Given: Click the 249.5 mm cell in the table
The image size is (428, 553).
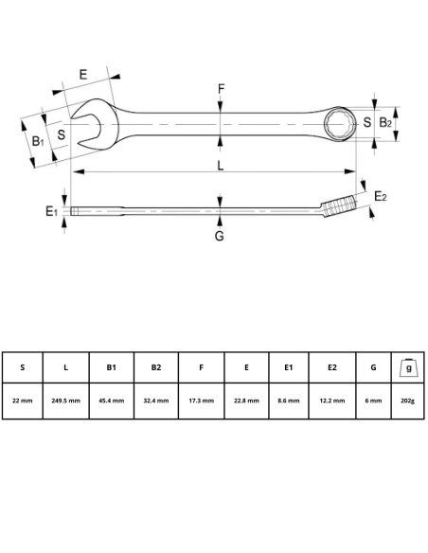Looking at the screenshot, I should pyautogui.click(x=65, y=401).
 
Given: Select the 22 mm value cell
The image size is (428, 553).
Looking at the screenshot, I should pyautogui.click(x=22, y=401).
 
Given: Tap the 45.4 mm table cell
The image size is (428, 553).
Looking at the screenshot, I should pyautogui.click(x=111, y=401).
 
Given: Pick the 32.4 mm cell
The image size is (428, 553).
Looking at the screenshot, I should pyautogui.click(x=155, y=401).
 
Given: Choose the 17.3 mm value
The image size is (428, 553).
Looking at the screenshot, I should pyautogui.click(x=201, y=401).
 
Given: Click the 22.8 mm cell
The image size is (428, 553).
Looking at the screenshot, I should pyautogui.click(x=246, y=401).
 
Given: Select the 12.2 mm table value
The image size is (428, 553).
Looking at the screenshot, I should pyautogui.click(x=332, y=401).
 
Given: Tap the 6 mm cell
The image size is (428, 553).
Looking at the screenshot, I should pyautogui.click(x=374, y=401).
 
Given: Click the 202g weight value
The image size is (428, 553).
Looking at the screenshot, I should pyautogui.click(x=408, y=401).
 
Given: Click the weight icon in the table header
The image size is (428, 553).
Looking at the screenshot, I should pyautogui.click(x=408, y=366).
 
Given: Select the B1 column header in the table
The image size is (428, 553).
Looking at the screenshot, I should pyautogui.click(x=111, y=367).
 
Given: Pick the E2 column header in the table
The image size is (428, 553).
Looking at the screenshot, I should pyautogui.click(x=332, y=367).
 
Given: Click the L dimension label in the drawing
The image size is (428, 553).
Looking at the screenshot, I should pyautogui.click(x=220, y=166).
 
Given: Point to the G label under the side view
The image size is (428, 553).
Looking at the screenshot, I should pyautogui.click(x=219, y=236).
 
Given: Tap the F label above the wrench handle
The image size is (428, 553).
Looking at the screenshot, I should pyautogui.click(x=221, y=90).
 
